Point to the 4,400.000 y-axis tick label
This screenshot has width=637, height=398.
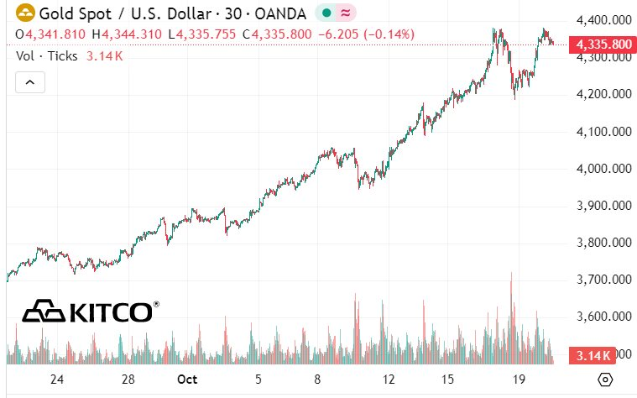603,20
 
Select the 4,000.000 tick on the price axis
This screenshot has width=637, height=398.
603,169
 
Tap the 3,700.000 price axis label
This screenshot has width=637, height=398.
603,280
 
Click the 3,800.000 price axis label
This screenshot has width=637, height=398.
603,243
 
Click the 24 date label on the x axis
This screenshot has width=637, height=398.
57,379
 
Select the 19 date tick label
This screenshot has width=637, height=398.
520,379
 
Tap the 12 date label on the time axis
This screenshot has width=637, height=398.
389,379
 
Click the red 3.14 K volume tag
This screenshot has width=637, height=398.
594,355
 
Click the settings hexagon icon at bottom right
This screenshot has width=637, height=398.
604,379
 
